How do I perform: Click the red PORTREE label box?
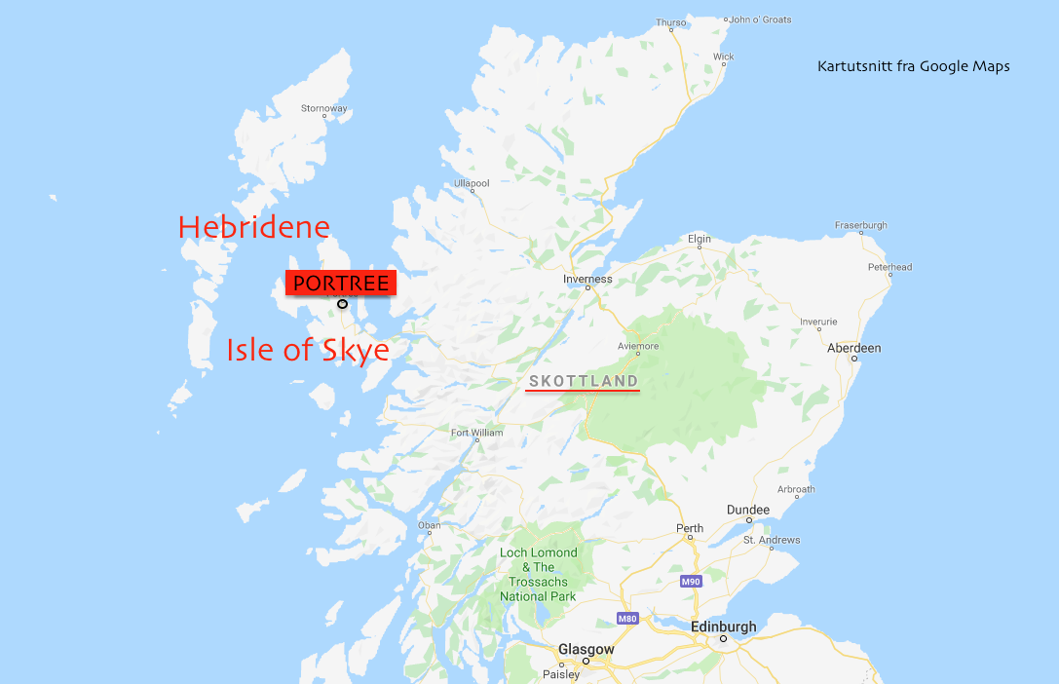point(341,284)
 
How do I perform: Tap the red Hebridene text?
point(254,227)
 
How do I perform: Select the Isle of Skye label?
point(308,350)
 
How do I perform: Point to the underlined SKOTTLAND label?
point(583,381)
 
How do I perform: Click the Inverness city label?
point(587,279)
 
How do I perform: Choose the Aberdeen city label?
point(853,348)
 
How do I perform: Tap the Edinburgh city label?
point(723,627)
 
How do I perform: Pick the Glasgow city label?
point(586,649)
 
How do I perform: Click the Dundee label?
point(748,510)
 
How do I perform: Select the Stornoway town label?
point(324,108)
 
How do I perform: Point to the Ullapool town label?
point(472,183)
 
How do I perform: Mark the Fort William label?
point(476,433)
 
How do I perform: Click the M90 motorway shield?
point(691,581)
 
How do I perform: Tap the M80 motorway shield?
point(626,619)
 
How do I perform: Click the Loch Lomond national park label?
point(538,574)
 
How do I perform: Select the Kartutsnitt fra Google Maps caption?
point(913,66)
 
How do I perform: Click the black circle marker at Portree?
point(342,304)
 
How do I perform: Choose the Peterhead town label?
point(889,267)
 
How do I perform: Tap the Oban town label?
point(429,526)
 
